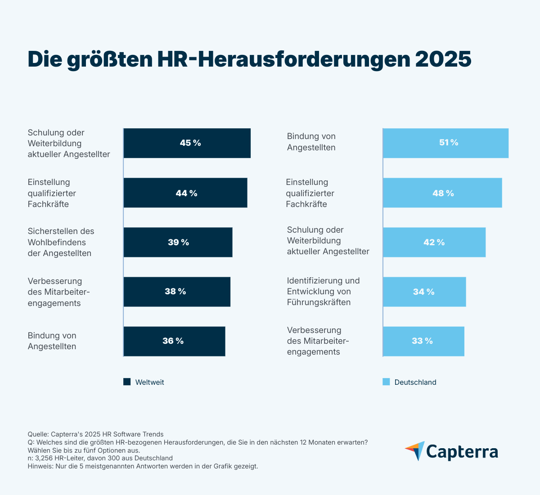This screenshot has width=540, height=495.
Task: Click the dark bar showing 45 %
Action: [187, 143]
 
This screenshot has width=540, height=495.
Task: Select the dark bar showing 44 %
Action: [185, 193]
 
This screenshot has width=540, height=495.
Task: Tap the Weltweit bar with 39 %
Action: [178, 242]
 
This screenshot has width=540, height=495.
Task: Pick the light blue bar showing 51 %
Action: [445, 143]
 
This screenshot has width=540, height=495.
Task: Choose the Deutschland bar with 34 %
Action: [424, 292]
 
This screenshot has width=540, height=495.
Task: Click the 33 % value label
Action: [422, 341]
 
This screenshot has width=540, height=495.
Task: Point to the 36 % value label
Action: [173, 341]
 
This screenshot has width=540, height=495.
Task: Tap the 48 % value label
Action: [443, 193]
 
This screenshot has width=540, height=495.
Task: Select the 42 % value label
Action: [434, 243]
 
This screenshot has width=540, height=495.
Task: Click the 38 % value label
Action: [175, 292]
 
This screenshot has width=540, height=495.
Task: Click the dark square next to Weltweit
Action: [127, 382]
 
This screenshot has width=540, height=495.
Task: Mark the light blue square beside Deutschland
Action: [386, 382]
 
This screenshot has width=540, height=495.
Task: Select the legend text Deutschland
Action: [415, 382]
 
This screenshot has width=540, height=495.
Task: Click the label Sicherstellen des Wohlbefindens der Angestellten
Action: [61, 242]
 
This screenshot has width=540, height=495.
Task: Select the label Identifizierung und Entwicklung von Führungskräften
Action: [323, 292]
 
